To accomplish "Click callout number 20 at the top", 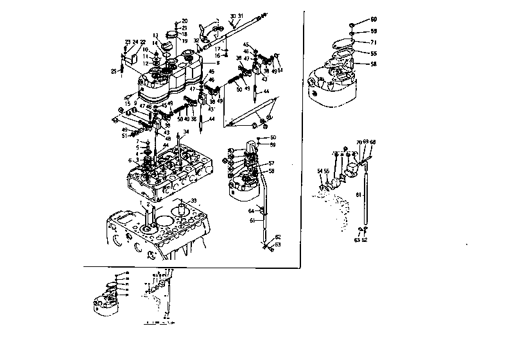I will coord(185,21).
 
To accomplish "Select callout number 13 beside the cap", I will coord(155,35).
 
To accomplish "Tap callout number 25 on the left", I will coord(113,71).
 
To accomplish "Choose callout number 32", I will coord(196,40).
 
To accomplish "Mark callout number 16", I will coord(218,56).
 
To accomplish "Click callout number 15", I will coord(128,103).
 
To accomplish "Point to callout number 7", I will coord(137,141).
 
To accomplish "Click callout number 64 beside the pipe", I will coord(252,210).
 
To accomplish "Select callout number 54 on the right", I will coord(319,171).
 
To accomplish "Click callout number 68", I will coord(373,142).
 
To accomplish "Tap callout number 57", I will coord(272,164).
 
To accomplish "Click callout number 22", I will coord(143,42).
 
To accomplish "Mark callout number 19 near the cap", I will coord(185,40).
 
